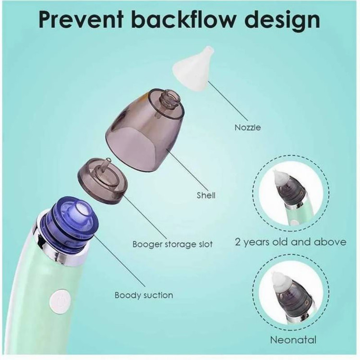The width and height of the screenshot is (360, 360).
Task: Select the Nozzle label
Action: tap(248, 127)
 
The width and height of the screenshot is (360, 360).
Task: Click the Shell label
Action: tap(206, 195)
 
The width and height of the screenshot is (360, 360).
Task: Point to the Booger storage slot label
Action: tap(172, 244)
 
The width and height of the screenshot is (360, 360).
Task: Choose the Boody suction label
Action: tap(144, 295)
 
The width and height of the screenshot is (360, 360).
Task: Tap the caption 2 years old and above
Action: tap(290, 242)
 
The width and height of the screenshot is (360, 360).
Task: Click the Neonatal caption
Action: tap(293, 340)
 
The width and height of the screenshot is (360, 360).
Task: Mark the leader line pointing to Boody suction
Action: tap(119, 261)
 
